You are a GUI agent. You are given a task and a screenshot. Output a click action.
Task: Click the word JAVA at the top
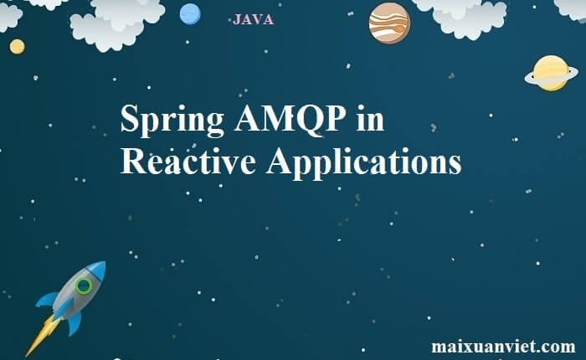(254, 19)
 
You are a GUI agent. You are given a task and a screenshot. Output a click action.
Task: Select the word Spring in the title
(172, 121)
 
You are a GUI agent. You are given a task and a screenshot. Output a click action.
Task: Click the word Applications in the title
(363, 163)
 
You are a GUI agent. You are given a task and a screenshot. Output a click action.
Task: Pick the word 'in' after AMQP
(370, 118)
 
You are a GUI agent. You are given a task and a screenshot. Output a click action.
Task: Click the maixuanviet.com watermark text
(503, 346)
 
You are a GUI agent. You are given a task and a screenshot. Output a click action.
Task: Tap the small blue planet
(190, 14)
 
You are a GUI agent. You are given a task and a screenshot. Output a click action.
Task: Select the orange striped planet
(389, 23)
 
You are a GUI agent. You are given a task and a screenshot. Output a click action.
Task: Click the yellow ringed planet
(551, 74)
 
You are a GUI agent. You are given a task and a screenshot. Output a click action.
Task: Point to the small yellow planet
(18, 47)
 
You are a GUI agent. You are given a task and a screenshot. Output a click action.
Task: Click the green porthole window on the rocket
(84, 286)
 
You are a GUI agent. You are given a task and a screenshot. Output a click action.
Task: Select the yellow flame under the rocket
(42, 335)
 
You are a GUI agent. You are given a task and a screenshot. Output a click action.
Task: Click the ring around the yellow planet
(527, 78)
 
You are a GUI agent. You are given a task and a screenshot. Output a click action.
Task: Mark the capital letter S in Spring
(130, 118)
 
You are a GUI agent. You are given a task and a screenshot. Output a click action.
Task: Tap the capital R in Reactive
(134, 161)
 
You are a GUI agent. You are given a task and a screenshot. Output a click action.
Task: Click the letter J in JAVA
(236, 20)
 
